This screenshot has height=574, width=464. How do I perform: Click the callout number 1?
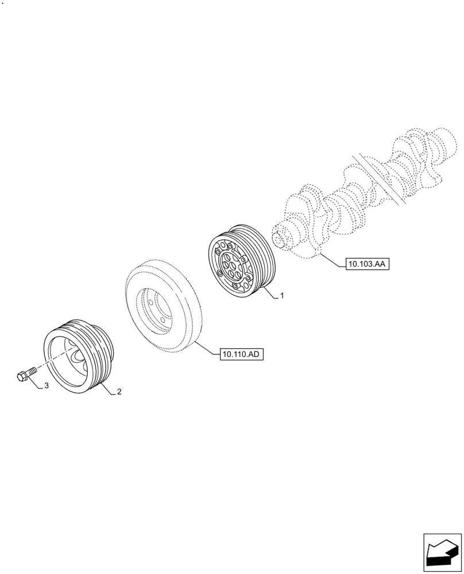tap(282, 296)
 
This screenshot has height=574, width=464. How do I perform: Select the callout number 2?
tap(119, 393)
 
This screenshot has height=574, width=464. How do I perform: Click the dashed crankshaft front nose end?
tap(280, 236)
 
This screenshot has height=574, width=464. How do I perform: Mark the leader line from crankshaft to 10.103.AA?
tap(333, 258)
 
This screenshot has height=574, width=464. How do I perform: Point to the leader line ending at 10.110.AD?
tap(207, 349)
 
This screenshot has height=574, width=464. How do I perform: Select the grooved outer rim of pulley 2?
tap(106, 344)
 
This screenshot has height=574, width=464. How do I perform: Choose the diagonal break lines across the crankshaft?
tap(379, 178)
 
